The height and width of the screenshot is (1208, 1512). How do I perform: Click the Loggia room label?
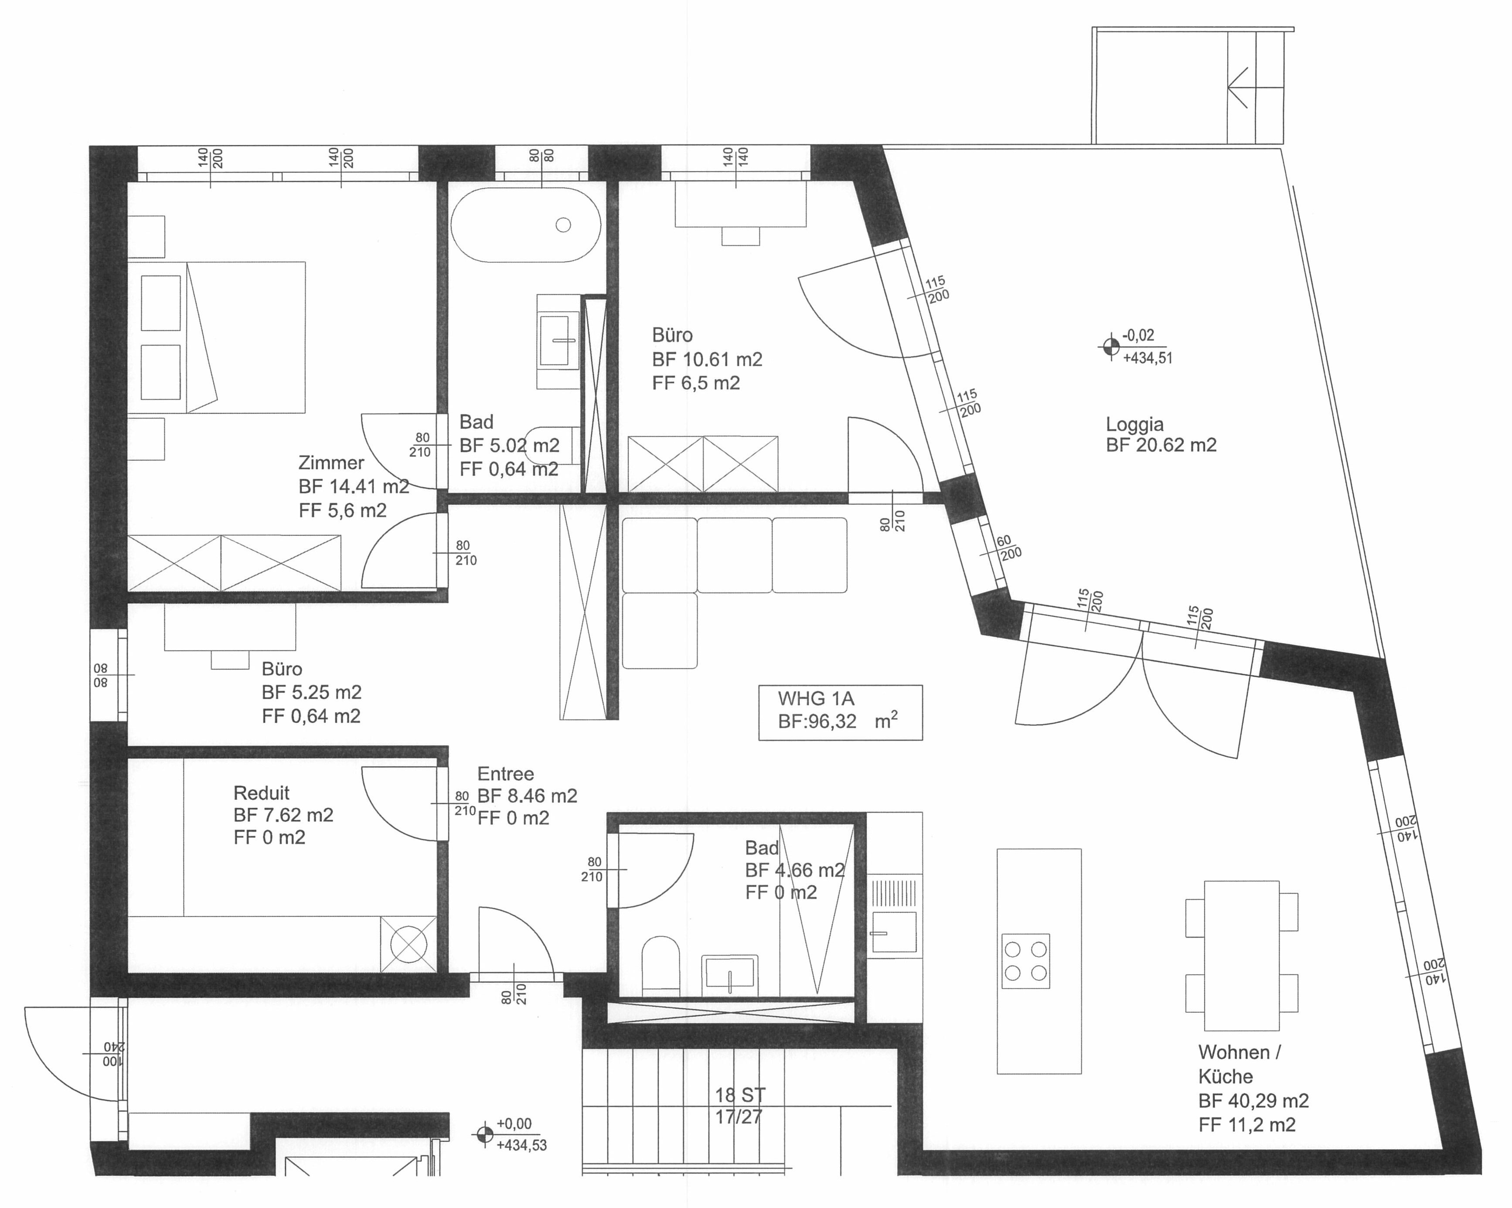point(1134,424)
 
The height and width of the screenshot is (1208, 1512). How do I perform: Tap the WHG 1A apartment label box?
point(840,712)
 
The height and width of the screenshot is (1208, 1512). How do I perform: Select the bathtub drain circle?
point(563,225)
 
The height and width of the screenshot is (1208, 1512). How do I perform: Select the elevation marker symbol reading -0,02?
point(1110,346)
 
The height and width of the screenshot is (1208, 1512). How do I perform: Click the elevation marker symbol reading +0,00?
point(484,1134)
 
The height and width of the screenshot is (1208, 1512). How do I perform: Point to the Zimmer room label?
point(331,463)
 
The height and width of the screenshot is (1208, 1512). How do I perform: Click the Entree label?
point(506,774)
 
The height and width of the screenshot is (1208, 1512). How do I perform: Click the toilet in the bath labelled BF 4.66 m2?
point(661,965)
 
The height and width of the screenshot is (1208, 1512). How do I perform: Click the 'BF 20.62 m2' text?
point(1161,445)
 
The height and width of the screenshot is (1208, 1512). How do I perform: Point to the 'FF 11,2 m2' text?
point(1247,1125)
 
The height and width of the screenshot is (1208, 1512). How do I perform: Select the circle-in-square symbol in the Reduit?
point(408,944)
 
